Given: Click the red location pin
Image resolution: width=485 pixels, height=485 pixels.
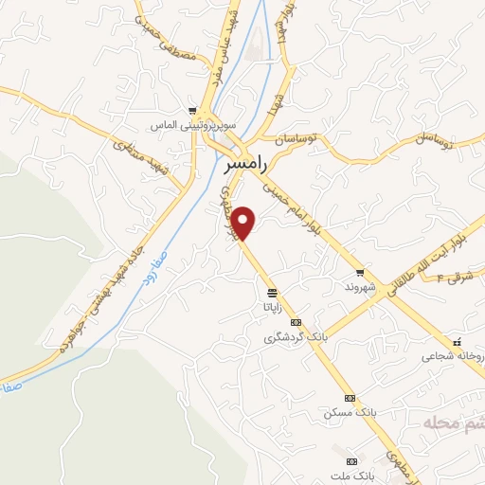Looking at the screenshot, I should point(244,222).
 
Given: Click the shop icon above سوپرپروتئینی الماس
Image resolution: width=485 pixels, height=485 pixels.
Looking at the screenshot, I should point(192,111).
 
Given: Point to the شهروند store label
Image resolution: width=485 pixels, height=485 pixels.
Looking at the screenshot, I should point(360,286).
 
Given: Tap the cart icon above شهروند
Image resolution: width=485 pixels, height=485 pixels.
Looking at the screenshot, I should point(360,273).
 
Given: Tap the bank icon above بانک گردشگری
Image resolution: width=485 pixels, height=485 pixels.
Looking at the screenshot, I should point(296,323).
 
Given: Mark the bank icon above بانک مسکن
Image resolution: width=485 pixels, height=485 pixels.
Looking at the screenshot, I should point(350,398).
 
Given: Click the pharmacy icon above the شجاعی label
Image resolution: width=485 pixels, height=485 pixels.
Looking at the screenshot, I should point(457,342).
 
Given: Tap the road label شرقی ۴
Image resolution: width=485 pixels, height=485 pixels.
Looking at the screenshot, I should point(461,277).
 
